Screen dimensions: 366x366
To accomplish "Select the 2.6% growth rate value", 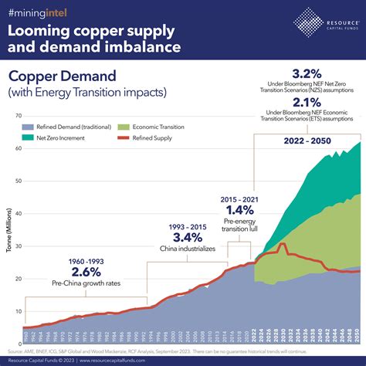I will click(x=86, y=270).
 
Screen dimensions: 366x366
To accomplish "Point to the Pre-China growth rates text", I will click(x=86, y=283).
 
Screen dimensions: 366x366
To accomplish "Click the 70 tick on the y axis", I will click(x=17, y=115).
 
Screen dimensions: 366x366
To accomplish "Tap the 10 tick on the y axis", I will click(x=17, y=311).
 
